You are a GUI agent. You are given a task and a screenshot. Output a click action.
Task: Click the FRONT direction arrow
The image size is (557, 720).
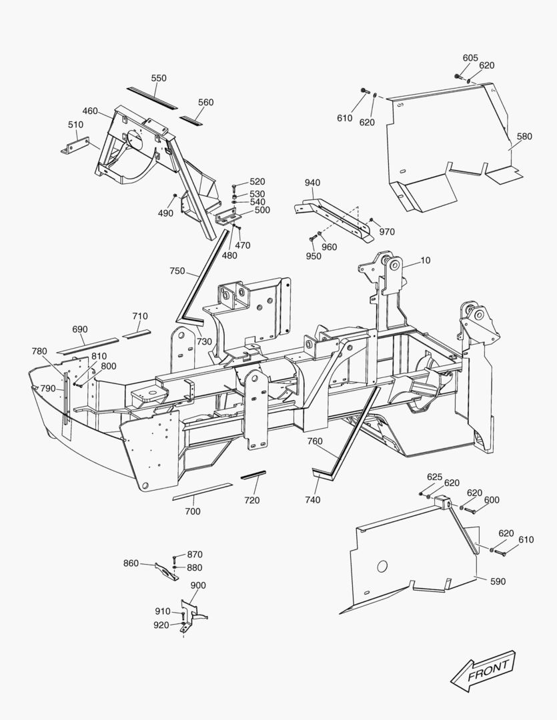(x=483, y=670)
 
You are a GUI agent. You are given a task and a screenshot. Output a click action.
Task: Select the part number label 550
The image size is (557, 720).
(x=159, y=78)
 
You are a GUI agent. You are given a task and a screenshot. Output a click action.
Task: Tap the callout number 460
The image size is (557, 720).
(x=90, y=111)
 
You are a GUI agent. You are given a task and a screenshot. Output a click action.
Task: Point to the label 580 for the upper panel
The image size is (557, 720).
(x=524, y=137)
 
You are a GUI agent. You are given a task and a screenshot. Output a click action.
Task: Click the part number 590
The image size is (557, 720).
(x=498, y=581)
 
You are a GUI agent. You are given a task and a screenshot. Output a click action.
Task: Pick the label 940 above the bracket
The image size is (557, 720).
(x=313, y=183)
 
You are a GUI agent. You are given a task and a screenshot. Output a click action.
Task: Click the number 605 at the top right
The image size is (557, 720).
(x=470, y=58)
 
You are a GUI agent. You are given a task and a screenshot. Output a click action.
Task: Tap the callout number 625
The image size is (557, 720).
(x=434, y=477)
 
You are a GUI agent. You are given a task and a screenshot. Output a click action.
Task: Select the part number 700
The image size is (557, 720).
(x=192, y=511)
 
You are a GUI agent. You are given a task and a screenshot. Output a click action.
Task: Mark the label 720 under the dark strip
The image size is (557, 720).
(x=251, y=500)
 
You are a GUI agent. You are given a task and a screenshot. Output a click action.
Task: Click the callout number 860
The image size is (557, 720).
(x=131, y=563)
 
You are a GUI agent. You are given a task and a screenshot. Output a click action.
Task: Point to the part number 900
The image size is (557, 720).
(x=198, y=585)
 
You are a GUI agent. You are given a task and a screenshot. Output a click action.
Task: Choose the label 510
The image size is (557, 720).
(x=75, y=124)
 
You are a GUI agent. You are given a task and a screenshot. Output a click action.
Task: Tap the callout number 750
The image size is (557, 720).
(x=177, y=271)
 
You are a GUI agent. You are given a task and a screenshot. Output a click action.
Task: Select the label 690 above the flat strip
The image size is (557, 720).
(x=79, y=329)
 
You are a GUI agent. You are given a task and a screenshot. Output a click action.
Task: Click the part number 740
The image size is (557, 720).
(x=313, y=499)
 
